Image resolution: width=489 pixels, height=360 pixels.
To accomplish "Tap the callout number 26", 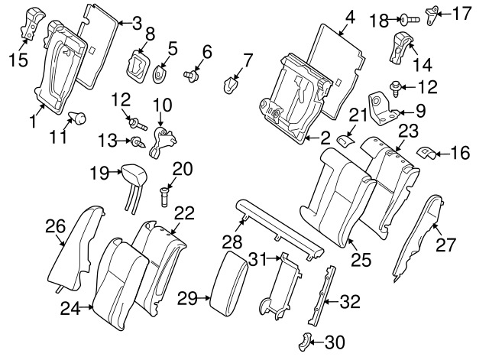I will [53, 225].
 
